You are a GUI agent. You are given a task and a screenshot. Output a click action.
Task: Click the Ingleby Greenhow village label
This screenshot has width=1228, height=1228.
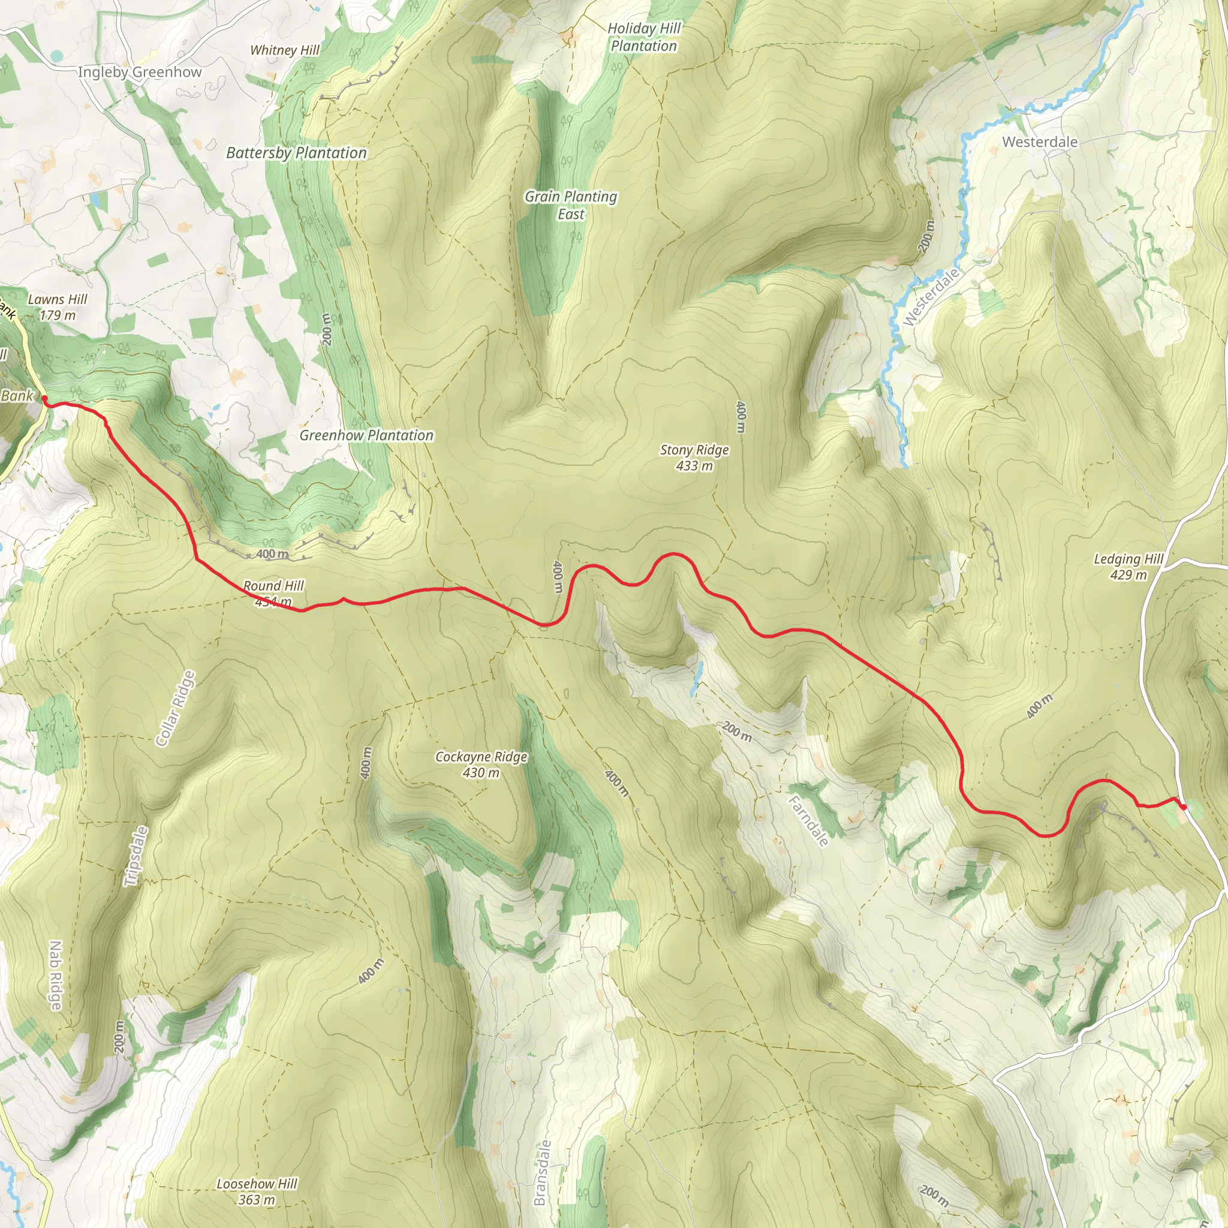pos(139,72)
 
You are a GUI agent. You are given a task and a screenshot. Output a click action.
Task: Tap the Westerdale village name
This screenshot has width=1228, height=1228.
pos(1040,142)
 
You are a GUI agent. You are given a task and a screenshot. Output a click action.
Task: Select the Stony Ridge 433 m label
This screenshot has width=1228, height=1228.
pos(694,458)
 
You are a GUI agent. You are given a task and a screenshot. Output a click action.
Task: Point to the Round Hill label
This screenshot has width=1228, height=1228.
pos(273,586)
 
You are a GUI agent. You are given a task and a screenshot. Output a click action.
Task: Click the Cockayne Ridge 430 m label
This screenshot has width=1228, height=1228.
pos(481,765)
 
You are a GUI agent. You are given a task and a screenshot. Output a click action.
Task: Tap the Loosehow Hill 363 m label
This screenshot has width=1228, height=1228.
pos(257,1192)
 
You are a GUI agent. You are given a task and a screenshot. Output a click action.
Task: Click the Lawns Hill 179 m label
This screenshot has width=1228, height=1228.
pos(57,307)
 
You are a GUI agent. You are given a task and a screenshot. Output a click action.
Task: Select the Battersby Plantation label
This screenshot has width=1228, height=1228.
pos(297,152)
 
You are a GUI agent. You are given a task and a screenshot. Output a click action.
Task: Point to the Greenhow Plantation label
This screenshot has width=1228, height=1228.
pos(367,435)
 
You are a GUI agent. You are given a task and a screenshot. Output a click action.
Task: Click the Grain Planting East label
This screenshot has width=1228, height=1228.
pos(571,205)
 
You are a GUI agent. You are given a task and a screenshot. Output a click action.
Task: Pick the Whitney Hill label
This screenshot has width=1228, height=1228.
pos(285,50)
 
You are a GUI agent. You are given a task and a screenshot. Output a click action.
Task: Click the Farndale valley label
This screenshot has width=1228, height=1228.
pos(808,821)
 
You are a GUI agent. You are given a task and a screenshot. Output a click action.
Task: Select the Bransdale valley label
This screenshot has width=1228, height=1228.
pos(540,1173)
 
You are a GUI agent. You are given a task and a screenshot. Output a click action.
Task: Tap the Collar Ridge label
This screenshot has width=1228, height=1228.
pos(176,708)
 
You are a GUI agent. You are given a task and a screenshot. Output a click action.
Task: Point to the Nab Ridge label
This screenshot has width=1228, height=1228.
pos(55,976)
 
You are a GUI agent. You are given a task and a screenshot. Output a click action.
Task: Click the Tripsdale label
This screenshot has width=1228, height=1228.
pos(136,856)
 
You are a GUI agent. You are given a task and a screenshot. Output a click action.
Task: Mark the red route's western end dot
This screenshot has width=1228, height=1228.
pos(44,399)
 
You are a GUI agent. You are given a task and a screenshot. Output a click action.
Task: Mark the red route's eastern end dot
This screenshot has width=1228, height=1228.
pos(1183,807)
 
